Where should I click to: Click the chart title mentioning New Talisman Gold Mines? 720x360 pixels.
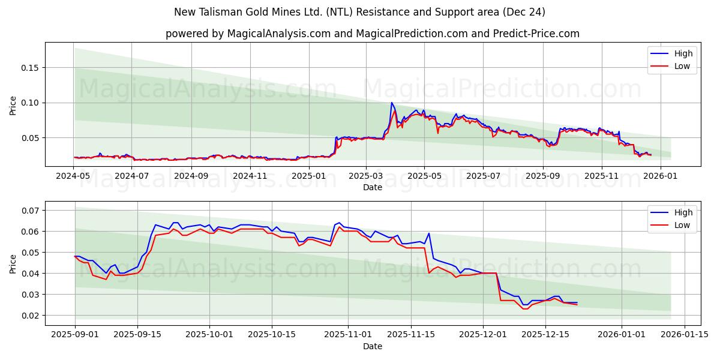click(x=359, y=12)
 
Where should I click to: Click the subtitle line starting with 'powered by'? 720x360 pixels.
click(x=372, y=34)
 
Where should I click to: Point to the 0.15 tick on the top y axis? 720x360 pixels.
click(x=31, y=68)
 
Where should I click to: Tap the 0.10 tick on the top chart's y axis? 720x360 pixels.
click(x=31, y=103)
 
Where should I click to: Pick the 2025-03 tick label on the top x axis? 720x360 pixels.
click(x=365, y=176)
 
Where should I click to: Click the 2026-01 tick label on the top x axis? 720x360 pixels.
click(x=660, y=176)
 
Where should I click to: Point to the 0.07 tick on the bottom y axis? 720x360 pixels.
click(x=31, y=211)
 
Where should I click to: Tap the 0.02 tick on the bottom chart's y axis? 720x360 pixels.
click(x=31, y=316)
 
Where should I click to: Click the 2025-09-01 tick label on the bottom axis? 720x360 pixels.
click(x=75, y=335)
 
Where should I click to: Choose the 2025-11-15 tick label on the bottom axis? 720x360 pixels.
click(x=411, y=335)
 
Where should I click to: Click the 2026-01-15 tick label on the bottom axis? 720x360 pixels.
click(x=684, y=335)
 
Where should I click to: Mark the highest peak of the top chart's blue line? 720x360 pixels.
click(x=392, y=103)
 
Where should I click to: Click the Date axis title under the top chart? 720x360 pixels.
click(x=372, y=187)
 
